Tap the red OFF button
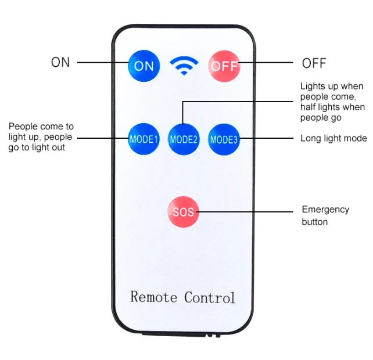[x=224, y=66]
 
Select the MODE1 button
[x=144, y=139]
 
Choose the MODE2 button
[x=184, y=139]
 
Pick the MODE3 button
[x=224, y=139]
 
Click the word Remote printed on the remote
[x=153, y=297]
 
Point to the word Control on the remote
[x=210, y=297]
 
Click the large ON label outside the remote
[x=60, y=62]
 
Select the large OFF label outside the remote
[x=314, y=63]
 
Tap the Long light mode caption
[x=333, y=138]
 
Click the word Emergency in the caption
[x=325, y=210]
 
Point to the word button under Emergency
[x=314, y=222]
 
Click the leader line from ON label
[x=103, y=63]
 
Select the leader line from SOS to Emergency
[x=244, y=211]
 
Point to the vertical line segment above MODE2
[x=182, y=113]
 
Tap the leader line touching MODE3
[x=266, y=138]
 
